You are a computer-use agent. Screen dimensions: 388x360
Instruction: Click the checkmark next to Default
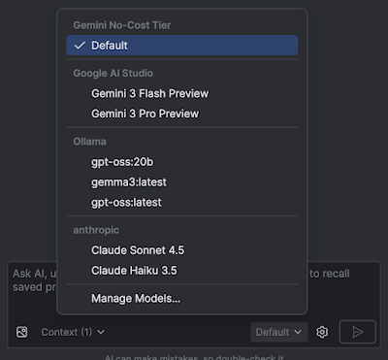click(80, 46)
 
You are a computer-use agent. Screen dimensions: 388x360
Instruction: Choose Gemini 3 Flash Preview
click(149, 93)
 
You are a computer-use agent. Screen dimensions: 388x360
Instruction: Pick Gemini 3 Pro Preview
click(145, 114)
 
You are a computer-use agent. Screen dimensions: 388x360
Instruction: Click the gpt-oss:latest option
click(126, 202)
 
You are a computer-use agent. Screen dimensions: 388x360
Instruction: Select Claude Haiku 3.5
click(134, 270)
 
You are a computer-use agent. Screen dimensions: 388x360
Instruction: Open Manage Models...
click(136, 298)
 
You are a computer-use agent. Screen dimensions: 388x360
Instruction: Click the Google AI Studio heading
click(113, 73)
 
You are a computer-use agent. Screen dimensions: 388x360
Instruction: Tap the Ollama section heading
click(90, 141)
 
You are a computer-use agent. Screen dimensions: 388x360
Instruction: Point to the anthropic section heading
click(98, 229)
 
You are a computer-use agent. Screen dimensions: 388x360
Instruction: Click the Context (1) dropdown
click(73, 332)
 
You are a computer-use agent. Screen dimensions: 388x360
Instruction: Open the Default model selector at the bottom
click(278, 332)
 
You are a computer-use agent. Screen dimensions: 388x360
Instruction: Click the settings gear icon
click(323, 332)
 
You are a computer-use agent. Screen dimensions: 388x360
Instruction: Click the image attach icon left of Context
click(22, 332)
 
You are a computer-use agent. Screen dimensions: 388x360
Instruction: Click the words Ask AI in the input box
click(27, 274)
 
